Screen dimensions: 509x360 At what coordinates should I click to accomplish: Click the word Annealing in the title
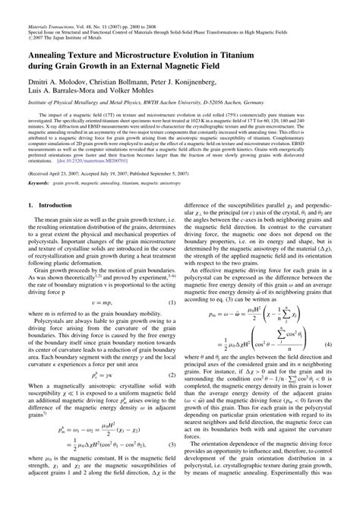pos(54,55)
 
